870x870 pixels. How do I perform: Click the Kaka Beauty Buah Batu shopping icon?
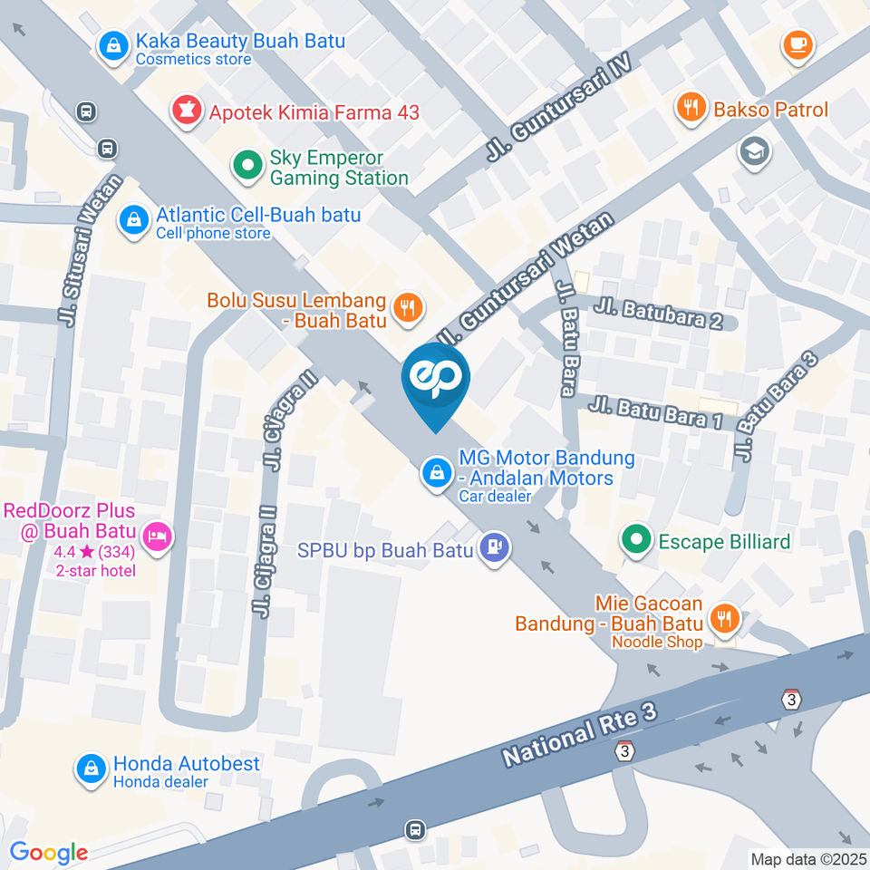[114, 44]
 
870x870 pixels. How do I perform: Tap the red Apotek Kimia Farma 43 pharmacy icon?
[188, 112]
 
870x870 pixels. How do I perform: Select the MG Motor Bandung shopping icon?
[437, 472]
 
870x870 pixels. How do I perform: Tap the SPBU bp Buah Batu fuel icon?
[494, 548]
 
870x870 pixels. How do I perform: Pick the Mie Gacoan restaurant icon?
[724, 619]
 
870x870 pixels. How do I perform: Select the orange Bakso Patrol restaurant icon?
[691, 110]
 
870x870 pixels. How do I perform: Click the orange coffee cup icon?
[797, 43]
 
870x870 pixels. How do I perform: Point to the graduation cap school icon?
[753, 151]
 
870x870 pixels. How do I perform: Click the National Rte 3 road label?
[579, 730]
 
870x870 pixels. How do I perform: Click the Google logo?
[48, 852]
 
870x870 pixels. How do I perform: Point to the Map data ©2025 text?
[808, 858]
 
